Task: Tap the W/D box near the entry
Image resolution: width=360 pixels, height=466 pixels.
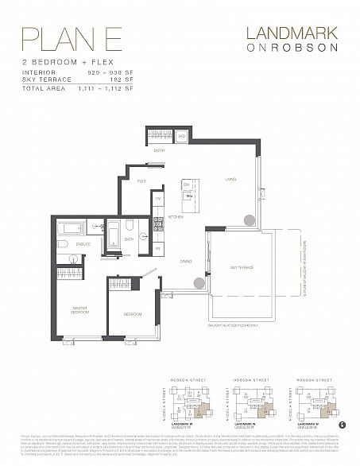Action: click(181, 137)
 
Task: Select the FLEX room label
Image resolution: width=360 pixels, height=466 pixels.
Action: click(142, 181)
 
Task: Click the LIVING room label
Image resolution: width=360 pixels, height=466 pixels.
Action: click(230, 179)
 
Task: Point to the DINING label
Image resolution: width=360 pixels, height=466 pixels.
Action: click(185, 261)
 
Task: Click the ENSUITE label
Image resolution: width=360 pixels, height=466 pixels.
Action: click(84, 243)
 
